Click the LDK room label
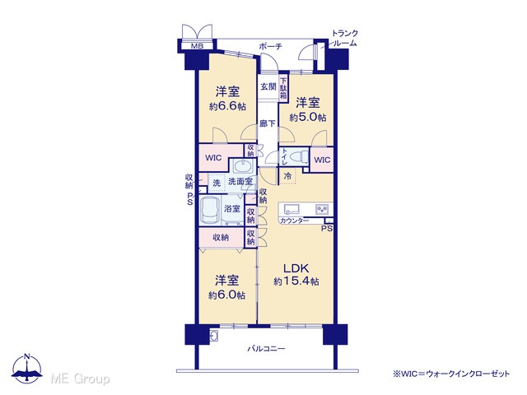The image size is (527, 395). pyautogui.click(x=296, y=269)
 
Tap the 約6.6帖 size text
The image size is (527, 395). pyautogui.click(x=227, y=107)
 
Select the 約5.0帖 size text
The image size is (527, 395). pyautogui.click(x=308, y=118)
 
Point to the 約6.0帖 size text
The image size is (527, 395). pyautogui.click(x=227, y=295)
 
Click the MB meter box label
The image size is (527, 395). pyautogui.click(x=197, y=46)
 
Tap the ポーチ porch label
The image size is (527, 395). pyautogui.click(x=270, y=46)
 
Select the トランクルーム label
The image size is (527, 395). pyautogui.click(x=344, y=39)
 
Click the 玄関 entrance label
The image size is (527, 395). pyautogui.click(x=268, y=86)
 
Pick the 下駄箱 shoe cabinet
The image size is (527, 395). pyautogui.click(x=283, y=88)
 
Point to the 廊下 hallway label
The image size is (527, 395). pyautogui.click(x=268, y=123)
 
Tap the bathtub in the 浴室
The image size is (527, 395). pyautogui.click(x=210, y=211)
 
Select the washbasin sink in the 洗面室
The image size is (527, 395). pyautogui.click(x=240, y=166)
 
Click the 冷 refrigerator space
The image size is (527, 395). pyautogui.click(x=287, y=175)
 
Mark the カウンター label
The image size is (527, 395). pyautogui.click(x=294, y=221)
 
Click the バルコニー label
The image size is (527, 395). pyautogui.click(x=266, y=349)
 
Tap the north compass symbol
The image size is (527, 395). pyautogui.click(x=27, y=368)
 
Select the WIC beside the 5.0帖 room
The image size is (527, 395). pyautogui.click(x=322, y=160)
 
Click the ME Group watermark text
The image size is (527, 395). pyautogui.click(x=80, y=379)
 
